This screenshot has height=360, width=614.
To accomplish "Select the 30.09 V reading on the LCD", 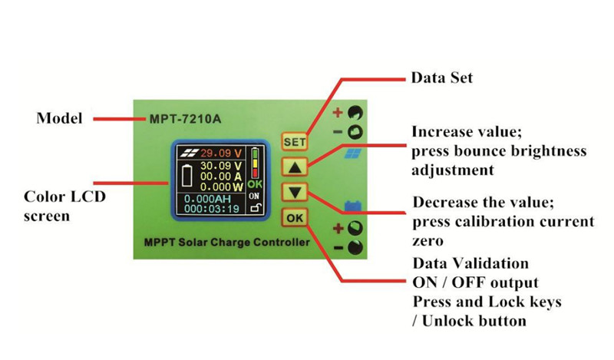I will point(221,165).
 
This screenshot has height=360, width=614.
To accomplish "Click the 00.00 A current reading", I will point(221,176).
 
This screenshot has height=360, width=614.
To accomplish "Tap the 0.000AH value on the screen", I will point(208,197).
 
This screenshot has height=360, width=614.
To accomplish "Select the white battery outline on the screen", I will point(185,175).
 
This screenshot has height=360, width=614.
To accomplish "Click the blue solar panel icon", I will point(353,153).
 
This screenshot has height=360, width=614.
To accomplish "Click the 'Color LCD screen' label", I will point(64,206).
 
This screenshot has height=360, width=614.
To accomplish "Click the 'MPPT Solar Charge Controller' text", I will point(226,243).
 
